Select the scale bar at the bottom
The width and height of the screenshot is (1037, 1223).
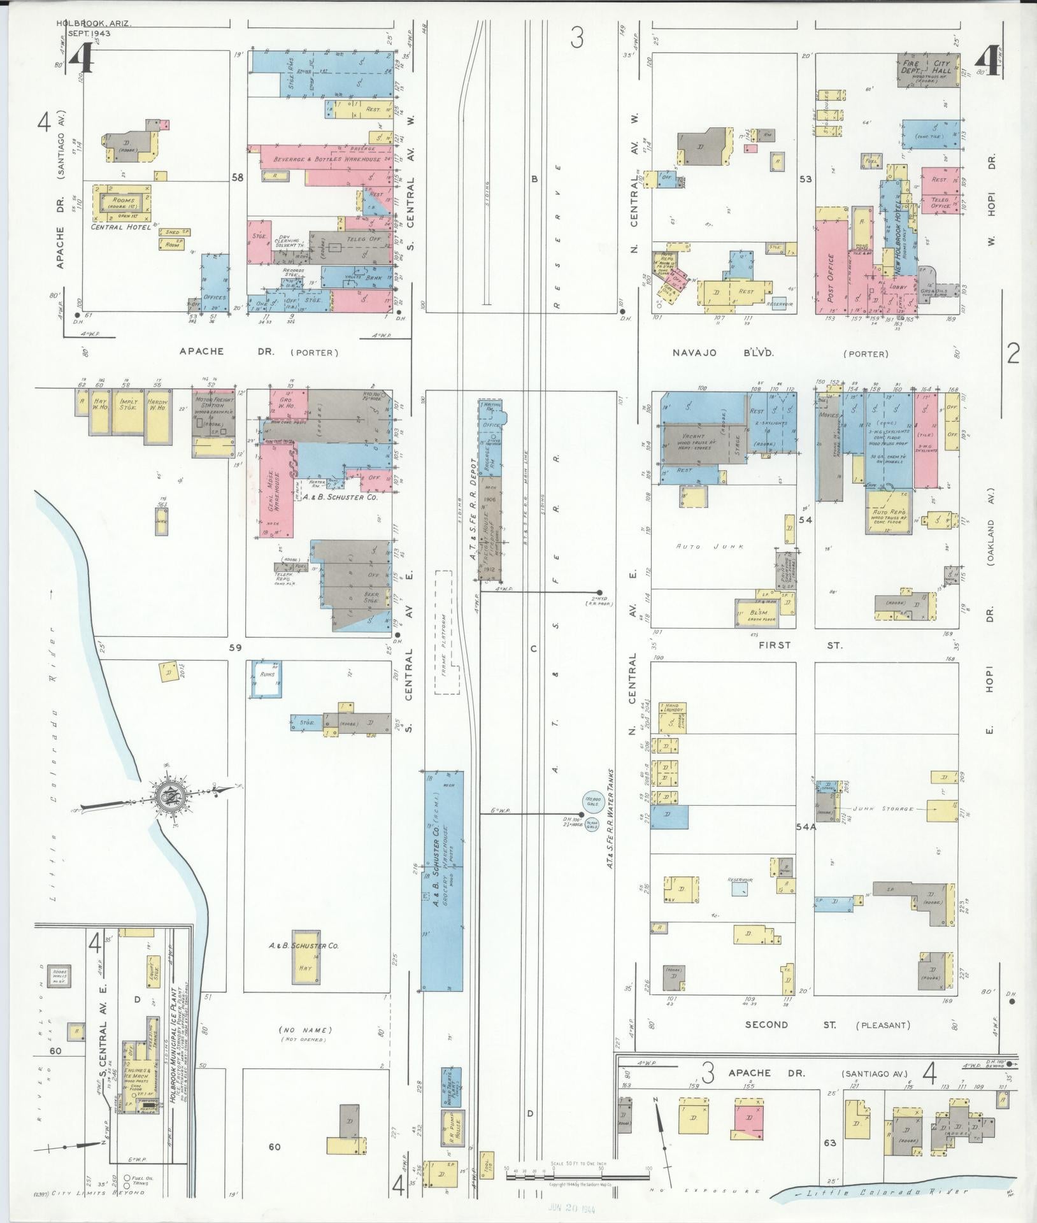click(577, 1176)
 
